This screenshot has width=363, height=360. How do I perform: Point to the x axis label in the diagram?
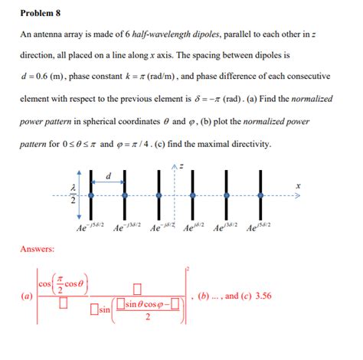[x=298, y=185]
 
